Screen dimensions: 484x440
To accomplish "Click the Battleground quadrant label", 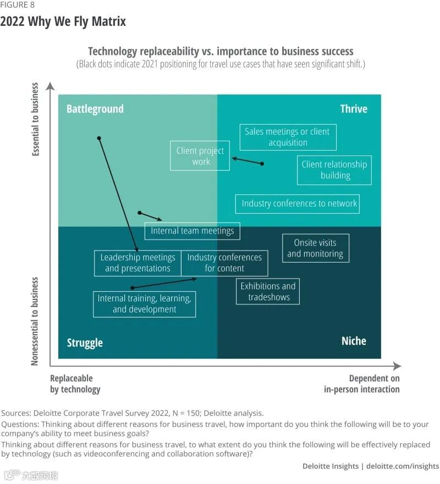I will [x=95, y=109].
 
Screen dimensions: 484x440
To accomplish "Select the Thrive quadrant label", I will [x=353, y=109].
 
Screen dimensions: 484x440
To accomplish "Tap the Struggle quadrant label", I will [x=85, y=343].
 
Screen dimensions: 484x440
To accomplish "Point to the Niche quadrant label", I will [x=354, y=341].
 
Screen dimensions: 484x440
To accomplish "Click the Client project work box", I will [x=200, y=156].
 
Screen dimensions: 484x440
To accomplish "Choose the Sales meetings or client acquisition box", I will [x=288, y=137].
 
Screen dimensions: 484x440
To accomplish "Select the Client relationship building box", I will [x=334, y=170].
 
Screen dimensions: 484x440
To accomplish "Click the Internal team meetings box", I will [x=192, y=231].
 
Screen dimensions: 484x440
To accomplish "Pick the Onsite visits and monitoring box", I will [x=315, y=248].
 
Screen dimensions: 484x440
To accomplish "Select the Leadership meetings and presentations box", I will [x=137, y=263].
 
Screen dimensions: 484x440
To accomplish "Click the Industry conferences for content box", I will [x=224, y=263].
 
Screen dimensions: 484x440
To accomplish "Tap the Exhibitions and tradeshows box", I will [x=268, y=292].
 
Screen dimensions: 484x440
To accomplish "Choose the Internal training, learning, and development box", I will [x=144, y=304].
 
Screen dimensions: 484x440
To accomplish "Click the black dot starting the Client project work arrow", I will [x=262, y=164].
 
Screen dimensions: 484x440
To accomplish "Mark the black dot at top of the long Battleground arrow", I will [x=99, y=138].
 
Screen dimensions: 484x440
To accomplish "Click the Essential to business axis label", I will [x=36, y=119].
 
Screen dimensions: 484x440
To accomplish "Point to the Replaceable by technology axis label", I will [x=75, y=383].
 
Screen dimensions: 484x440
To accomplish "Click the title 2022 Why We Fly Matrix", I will [x=63, y=21].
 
